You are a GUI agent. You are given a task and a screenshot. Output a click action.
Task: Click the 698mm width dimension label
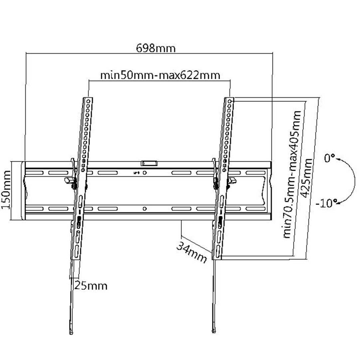click(x=156, y=48)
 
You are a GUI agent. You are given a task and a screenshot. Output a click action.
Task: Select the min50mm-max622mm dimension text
click(x=160, y=75)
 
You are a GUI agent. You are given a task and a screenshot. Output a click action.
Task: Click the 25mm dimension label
click(x=90, y=285)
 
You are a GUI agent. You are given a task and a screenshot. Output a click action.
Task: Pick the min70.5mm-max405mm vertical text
click(x=292, y=174)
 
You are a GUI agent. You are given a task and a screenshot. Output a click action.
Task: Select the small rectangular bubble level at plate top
click(x=149, y=163)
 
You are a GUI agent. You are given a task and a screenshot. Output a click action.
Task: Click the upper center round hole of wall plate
click(x=145, y=173)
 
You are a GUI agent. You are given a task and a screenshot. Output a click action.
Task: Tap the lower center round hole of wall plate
click(x=144, y=209)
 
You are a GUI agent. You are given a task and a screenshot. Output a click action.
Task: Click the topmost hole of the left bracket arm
click(x=88, y=100)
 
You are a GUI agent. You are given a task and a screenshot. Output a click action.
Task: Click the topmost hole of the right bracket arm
click(x=230, y=100)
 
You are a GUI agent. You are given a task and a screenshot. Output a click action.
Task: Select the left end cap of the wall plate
click(x=23, y=191)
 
